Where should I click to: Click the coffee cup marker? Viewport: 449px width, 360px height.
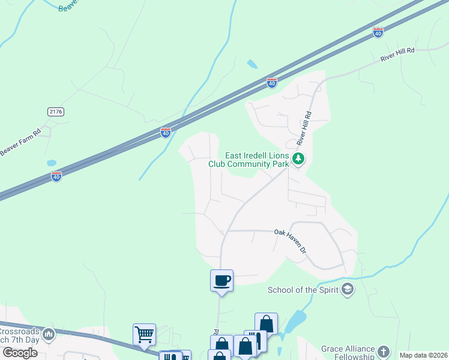pyautogui.click(x=221, y=280)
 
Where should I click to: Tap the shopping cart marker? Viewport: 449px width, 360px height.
pyautogui.click(x=144, y=335)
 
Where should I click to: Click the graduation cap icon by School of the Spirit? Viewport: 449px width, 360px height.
pyautogui.click(x=347, y=290)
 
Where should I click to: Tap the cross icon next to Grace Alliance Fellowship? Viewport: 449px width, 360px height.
pyautogui.click(x=384, y=352)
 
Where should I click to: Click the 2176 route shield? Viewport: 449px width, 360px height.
pyautogui.click(x=55, y=112)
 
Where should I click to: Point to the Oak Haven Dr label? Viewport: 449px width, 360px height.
pyautogui.click(x=291, y=239)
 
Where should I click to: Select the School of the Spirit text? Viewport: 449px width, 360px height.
pyautogui.click(x=303, y=290)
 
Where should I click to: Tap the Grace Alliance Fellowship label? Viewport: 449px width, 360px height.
pyautogui.click(x=348, y=352)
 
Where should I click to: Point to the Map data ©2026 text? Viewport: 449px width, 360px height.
pyautogui.click(x=423, y=355)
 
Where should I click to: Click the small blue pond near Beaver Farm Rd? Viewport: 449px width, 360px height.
pyautogui.click(x=52, y=163)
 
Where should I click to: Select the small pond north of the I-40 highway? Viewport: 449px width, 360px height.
pyautogui.click(x=252, y=64)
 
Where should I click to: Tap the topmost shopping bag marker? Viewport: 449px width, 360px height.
pyautogui.click(x=266, y=324)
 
